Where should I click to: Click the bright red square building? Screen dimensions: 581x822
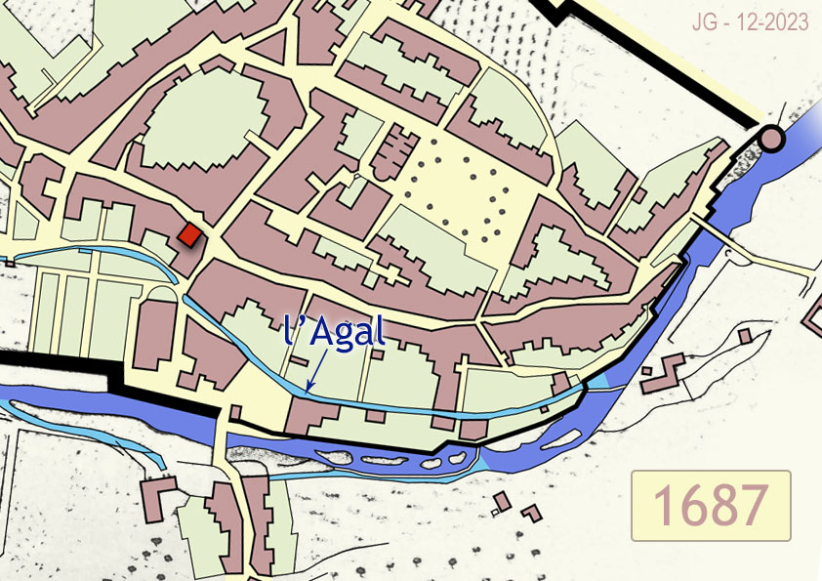pos(189,235)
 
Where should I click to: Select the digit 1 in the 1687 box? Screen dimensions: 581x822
pos(661,506)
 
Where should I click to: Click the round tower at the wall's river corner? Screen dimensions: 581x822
pos(771,138)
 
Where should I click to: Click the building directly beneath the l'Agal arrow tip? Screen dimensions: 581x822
pos(310,415)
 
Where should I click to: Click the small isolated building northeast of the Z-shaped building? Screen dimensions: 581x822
pos(745,336)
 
